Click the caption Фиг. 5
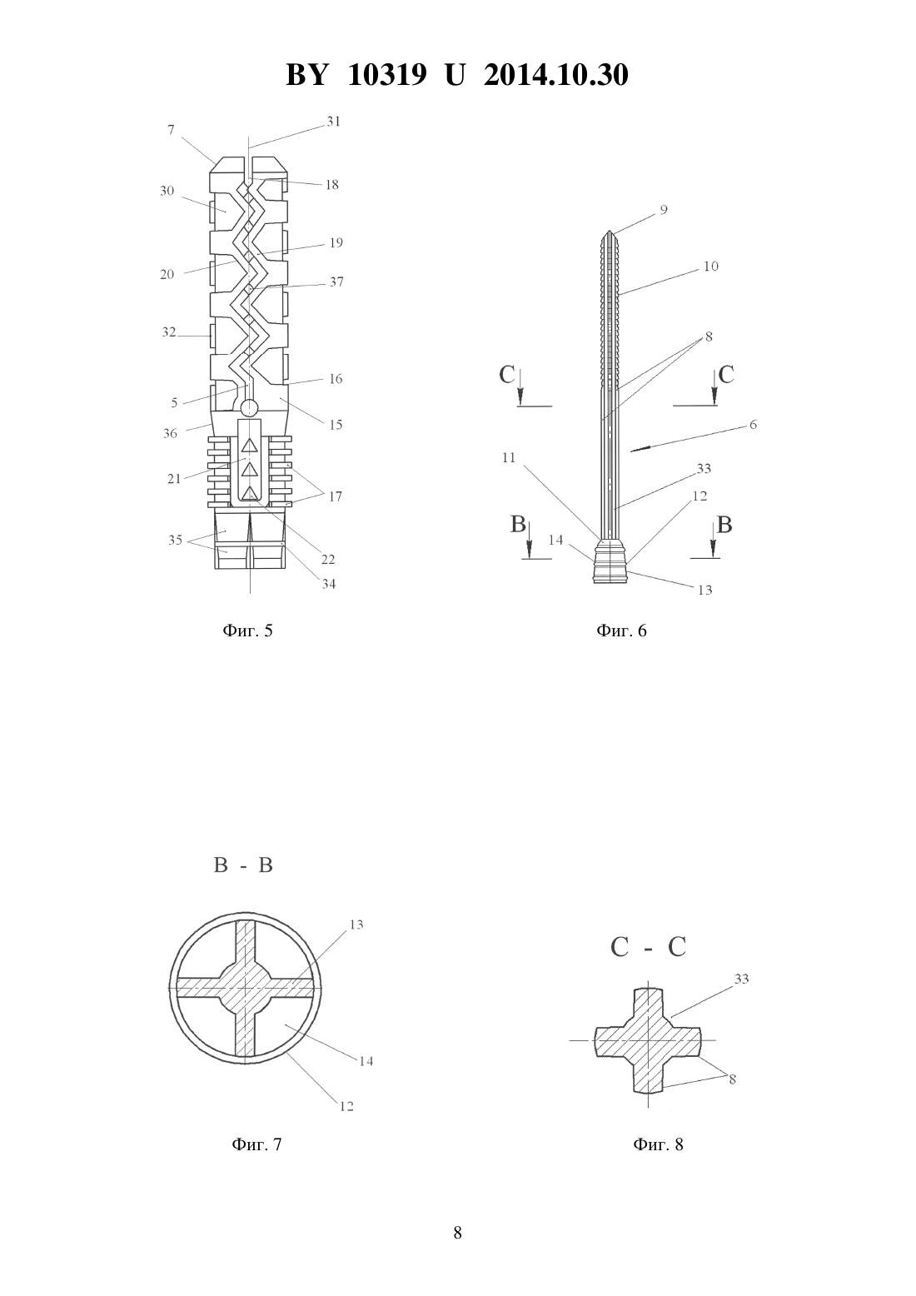pos(247,631)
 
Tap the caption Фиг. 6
pos(621,631)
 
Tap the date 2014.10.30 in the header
pos(555,75)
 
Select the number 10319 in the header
pos(387,75)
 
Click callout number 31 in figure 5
pos(334,122)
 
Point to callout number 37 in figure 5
pos(336,282)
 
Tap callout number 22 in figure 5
pos(328,560)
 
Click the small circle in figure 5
pos(249,408)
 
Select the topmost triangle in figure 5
pos(249,446)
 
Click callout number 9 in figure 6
pos(664,209)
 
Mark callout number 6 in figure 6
pos(753,425)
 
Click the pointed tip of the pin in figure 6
pos(609,231)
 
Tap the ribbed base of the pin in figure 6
pos(610,561)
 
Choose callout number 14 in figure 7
pos(366,1061)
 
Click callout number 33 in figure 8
pos(741,979)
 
